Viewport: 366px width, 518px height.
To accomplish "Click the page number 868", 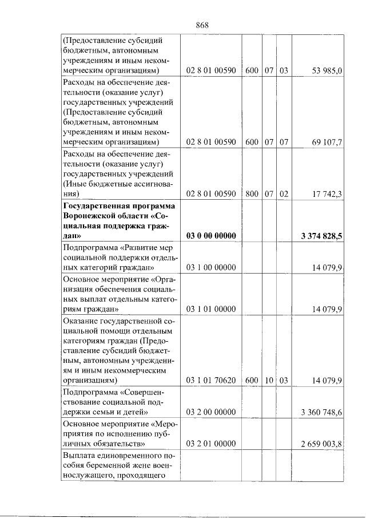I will [201, 25].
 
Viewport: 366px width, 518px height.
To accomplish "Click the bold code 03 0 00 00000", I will [211, 235].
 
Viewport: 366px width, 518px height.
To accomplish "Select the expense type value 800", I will [252, 193].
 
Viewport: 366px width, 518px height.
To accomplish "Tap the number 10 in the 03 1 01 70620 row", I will [269, 379].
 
